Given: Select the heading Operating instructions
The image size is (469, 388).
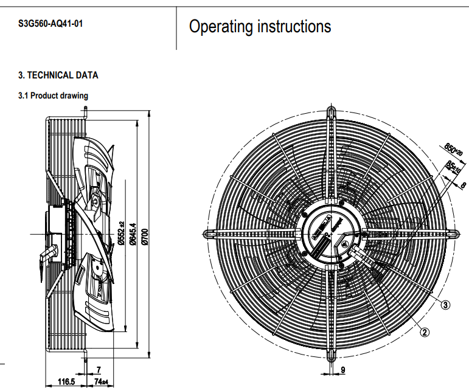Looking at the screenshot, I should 260,27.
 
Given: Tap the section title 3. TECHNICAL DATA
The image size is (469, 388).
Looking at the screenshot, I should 58,75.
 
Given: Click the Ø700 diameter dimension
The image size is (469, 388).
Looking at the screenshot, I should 144,234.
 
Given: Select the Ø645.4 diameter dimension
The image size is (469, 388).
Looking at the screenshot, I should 131,234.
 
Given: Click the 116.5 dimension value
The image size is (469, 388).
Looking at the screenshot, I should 66,381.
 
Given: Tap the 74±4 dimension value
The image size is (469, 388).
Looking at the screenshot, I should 100,381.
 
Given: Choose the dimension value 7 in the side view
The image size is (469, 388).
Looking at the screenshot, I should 98,369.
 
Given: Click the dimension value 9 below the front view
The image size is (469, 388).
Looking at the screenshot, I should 342,370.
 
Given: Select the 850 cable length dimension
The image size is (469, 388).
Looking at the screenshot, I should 450,148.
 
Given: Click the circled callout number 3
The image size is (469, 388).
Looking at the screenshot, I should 445,305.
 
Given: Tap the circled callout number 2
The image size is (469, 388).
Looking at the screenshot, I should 425,331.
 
